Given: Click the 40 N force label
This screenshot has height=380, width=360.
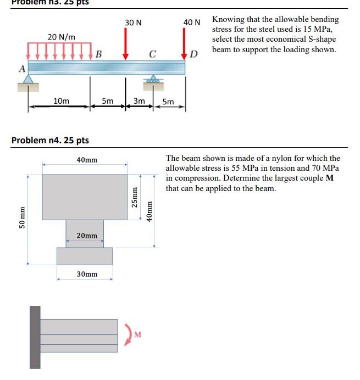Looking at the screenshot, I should point(192,22).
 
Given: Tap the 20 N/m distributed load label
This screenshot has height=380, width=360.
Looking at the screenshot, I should point(61,37).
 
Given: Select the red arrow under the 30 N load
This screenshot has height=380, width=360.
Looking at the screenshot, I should point(126,44).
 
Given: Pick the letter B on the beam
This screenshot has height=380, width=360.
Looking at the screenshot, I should point(98,54).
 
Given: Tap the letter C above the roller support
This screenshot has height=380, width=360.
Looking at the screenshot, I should point(152,54).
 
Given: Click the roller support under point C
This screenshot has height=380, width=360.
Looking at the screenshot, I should point(152,80).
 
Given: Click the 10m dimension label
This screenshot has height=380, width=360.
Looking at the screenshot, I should point(61,101).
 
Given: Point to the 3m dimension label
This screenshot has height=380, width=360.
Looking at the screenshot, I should point(139,101).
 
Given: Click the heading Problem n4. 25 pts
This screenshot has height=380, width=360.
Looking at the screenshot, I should point(50,141).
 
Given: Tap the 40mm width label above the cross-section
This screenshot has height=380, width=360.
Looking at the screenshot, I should point(86,160).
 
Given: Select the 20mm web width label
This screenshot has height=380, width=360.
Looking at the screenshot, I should point(86,236).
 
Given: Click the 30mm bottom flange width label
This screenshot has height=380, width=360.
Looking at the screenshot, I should point(86,273).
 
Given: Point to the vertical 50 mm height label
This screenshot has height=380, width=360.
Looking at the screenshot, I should point(22,219).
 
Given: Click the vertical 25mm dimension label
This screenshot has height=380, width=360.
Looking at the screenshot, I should point(134,196).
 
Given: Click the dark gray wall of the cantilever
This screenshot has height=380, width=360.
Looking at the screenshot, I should point(35,337).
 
